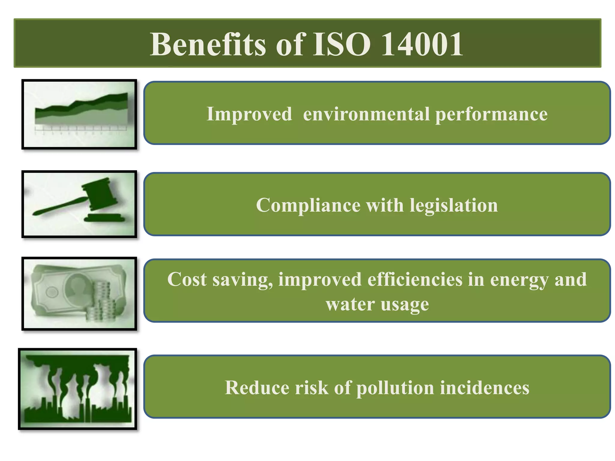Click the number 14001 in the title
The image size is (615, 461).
point(422,44)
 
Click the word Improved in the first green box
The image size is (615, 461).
point(249,114)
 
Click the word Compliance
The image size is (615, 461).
point(308,206)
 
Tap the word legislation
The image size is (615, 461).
point(454,206)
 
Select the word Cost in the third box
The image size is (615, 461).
point(187,279)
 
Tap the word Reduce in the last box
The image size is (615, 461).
point(257,387)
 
